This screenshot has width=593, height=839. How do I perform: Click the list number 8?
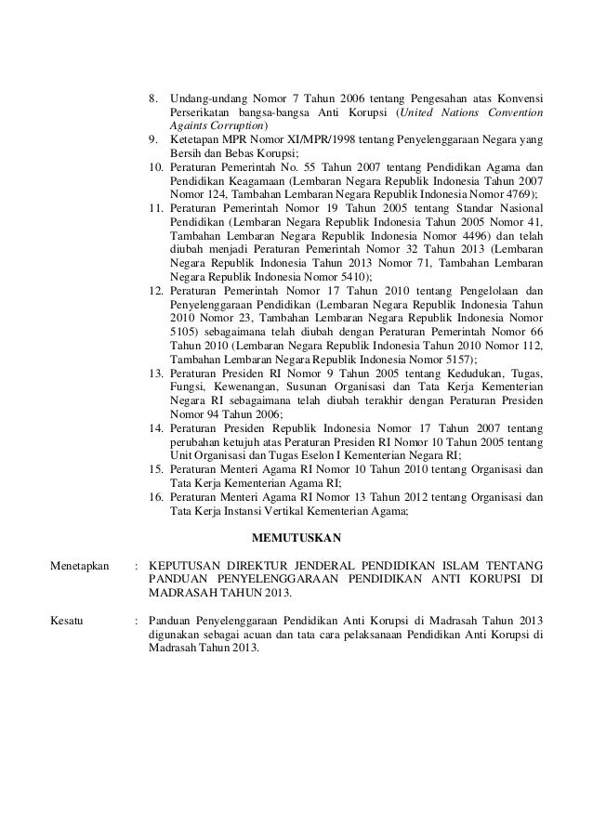click(x=154, y=98)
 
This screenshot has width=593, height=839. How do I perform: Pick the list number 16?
click(x=157, y=497)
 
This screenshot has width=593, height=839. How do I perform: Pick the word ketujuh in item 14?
click(x=244, y=441)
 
